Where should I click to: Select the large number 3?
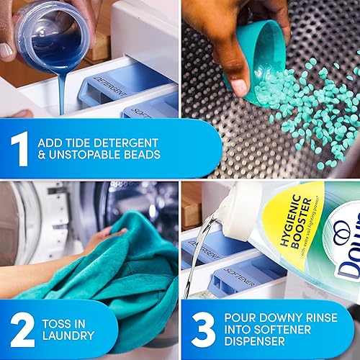pos(203,328)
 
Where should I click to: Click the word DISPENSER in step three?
pos(257,343)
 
